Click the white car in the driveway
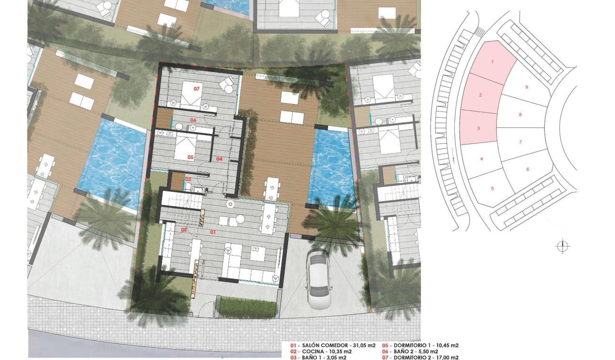tap(318, 279)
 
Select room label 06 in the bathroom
tap(194, 120)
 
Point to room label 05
tap(190, 157)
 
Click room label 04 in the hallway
tap(219, 159)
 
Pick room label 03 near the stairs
tap(188, 179)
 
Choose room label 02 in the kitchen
tap(183, 230)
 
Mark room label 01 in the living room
tap(213, 232)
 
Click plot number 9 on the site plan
tap(526, 87)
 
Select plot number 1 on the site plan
tap(492, 62)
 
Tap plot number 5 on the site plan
tap(492, 188)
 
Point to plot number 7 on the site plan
tap(520, 142)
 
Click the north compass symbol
tap(563, 246)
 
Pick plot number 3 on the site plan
tap(478, 128)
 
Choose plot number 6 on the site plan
tap(528, 169)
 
